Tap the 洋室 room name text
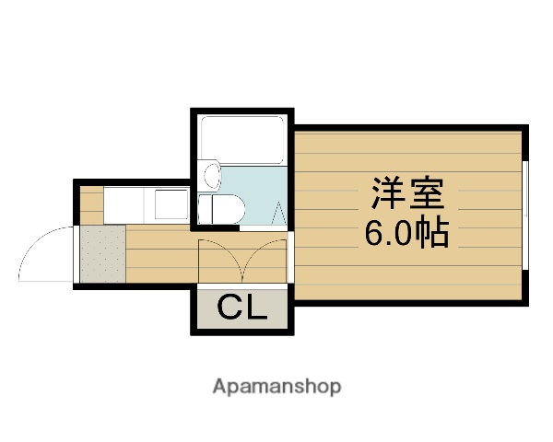pos(407,193)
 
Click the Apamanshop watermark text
pos(276,387)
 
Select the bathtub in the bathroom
pos(241,139)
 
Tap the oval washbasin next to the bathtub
pos(211,175)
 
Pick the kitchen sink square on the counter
pos(170,204)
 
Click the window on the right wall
pos(524,216)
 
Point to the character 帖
pos(431,235)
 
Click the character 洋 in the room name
pos(388,193)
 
